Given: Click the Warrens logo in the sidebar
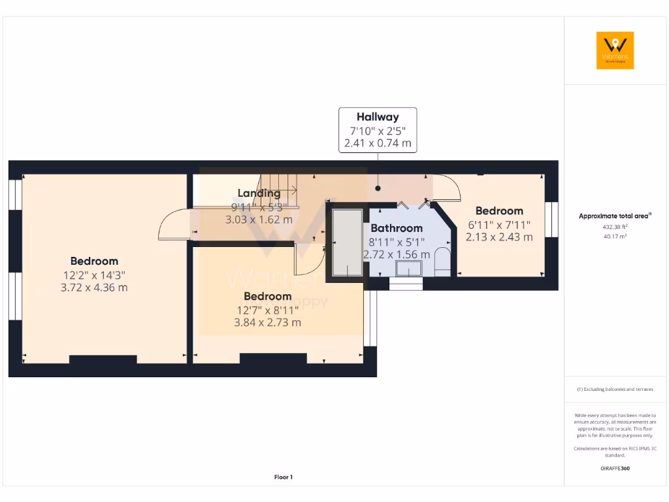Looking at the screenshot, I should point(615,50).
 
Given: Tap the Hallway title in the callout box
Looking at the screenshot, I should point(378,118).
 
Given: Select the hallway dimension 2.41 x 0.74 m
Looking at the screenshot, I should point(378,143).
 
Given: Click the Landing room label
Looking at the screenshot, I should point(259,193).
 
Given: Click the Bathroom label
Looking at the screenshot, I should point(397,228).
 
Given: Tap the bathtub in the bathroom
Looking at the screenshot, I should point(347,243).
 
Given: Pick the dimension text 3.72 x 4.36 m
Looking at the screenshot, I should point(95,287).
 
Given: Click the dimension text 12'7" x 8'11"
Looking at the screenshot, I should point(267,310).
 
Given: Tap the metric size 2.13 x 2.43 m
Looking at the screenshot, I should point(499,237).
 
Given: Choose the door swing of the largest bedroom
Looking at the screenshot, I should point(172,226).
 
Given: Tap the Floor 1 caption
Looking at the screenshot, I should point(283,477).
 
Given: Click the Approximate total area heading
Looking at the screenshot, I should point(614,216).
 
